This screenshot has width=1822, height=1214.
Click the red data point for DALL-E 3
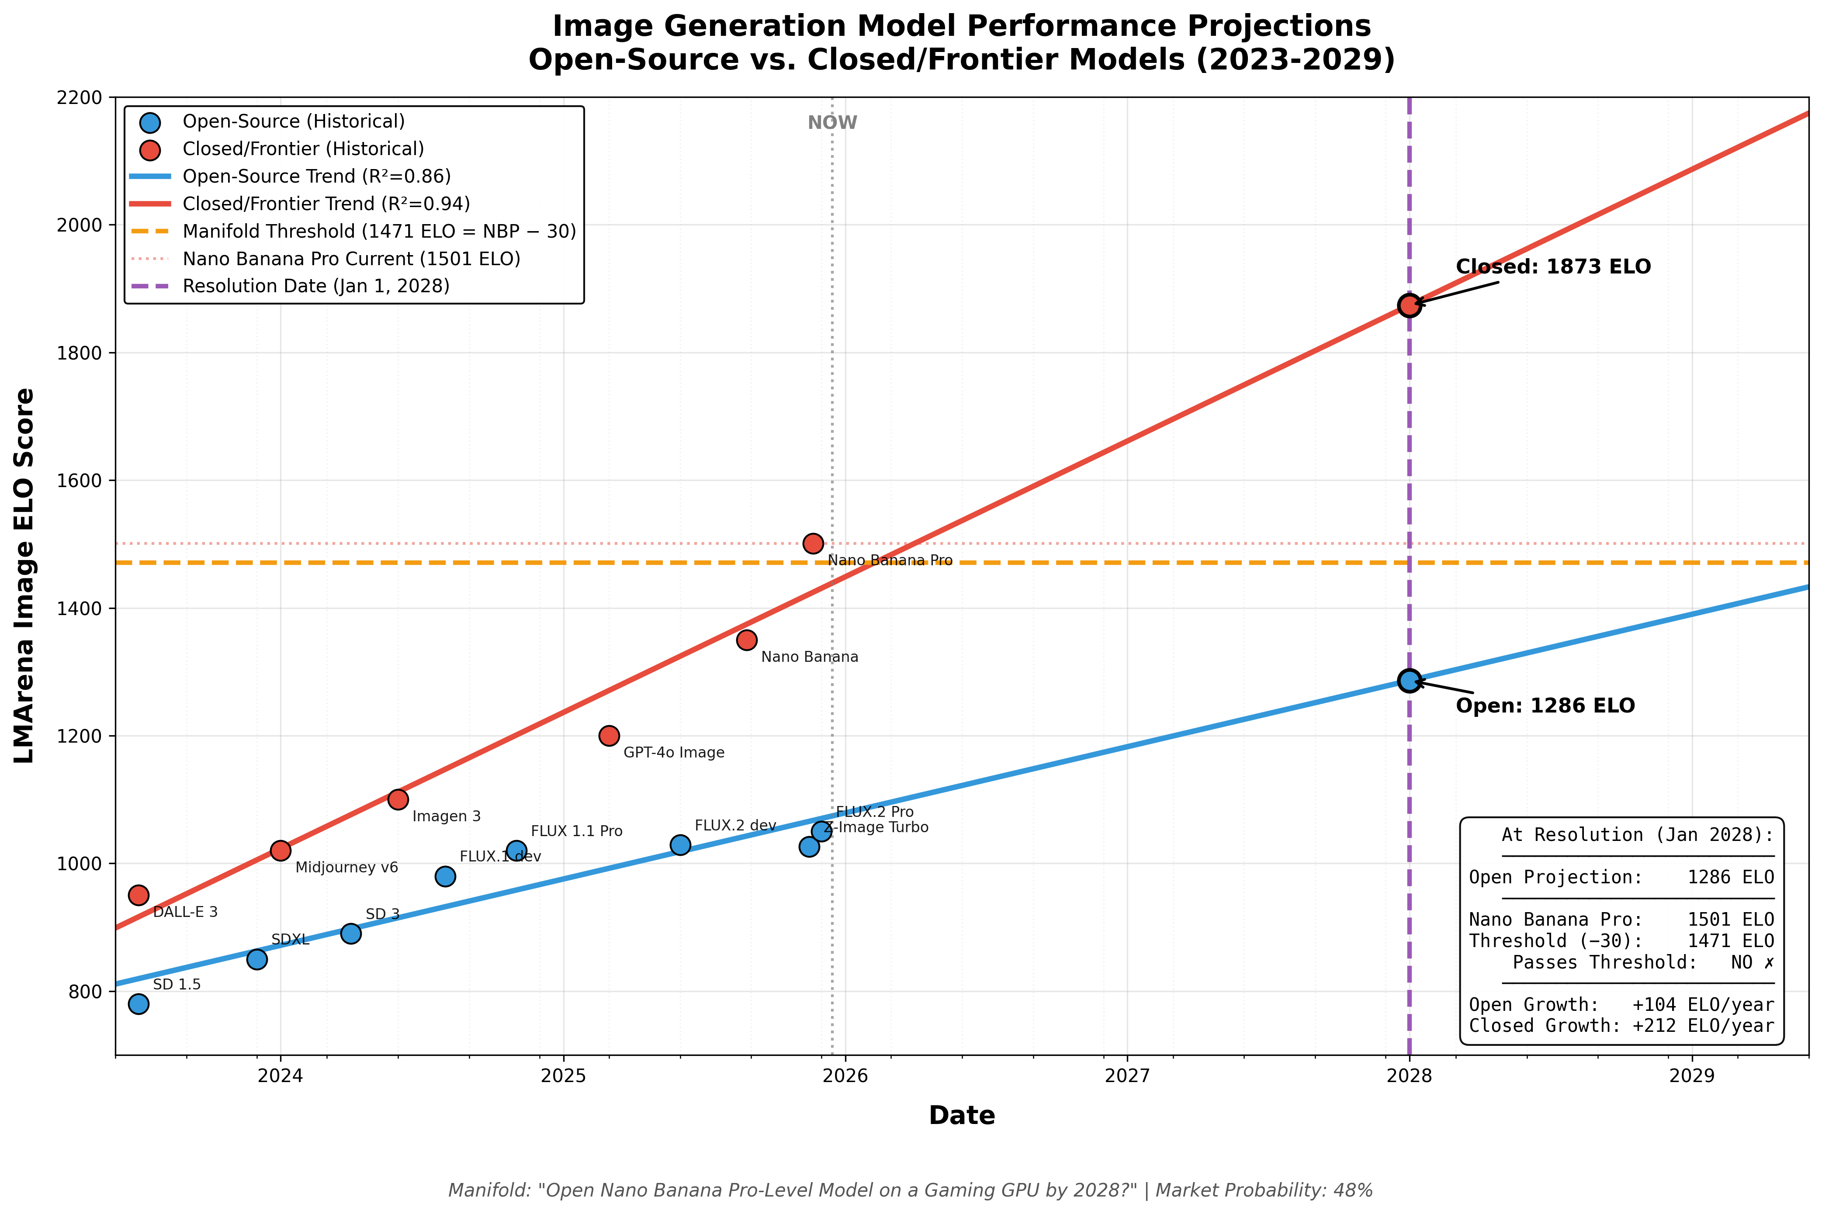(x=139, y=895)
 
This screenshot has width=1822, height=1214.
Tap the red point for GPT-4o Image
(x=610, y=736)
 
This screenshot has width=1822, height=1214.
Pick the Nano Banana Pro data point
(x=813, y=543)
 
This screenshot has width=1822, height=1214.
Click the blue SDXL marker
(x=257, y=959)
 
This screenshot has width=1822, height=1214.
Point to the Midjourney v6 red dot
(x=281, y=850)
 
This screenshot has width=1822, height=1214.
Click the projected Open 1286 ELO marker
(x=1409, y=681)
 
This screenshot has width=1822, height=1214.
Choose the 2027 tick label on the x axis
(x=1127, y=1076)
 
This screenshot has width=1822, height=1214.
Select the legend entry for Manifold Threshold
(x=379, y=232)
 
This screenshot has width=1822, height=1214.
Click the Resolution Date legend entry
(x=316, y=287)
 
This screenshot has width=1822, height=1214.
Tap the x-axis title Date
(x=962, y=1116)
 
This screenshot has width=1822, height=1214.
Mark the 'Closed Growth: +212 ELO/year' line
(x=1621, y=1026)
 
